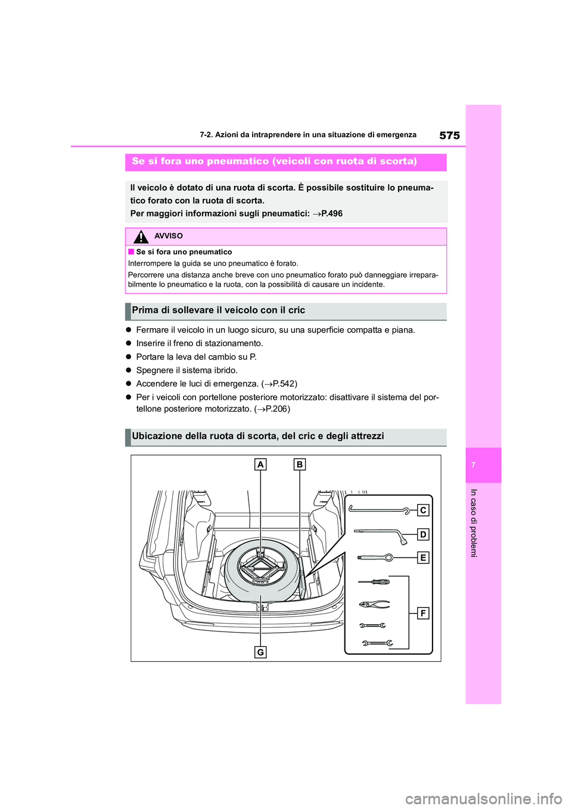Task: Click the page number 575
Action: point(449,135)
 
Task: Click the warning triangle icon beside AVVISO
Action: point(141,237)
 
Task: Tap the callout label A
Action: point(260,464)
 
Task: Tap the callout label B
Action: point(299,464)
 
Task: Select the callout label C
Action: point(422,510)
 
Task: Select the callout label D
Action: point(422,534)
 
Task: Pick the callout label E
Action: point(422,558)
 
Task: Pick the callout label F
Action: point(422,613)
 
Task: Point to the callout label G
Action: point(260,652)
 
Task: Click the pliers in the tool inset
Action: point(374,604)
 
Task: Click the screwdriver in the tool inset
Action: point(374,581)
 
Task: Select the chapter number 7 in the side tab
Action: point(473,465)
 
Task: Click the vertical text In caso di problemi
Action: point(474,523)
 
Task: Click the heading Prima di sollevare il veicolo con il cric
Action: point(218,310)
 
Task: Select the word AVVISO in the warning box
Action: point(169,236)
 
